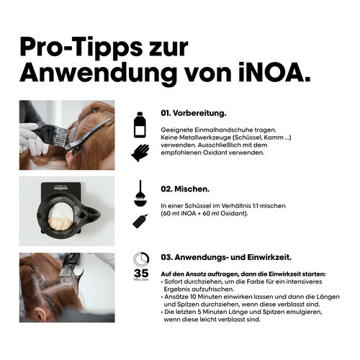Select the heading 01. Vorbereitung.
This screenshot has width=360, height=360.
click(x=193, y=113)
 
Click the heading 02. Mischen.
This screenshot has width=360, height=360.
click(x=185, y=189)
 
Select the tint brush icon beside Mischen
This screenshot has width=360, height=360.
click(x=140, y=193)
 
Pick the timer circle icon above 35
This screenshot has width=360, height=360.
click(x=140, y=260)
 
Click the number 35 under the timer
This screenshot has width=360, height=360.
click(x=140, y=273)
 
